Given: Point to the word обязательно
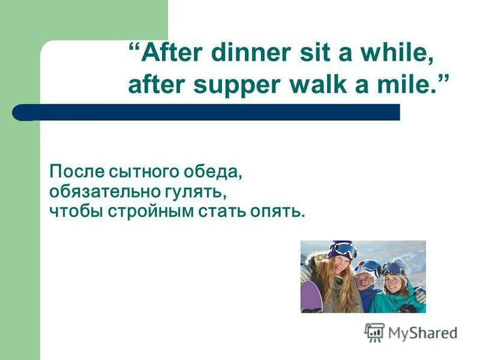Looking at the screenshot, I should tap(103, 193).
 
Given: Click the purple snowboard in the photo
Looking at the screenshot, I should tap(311, 296).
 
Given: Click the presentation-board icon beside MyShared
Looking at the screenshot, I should tap(374, 332).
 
